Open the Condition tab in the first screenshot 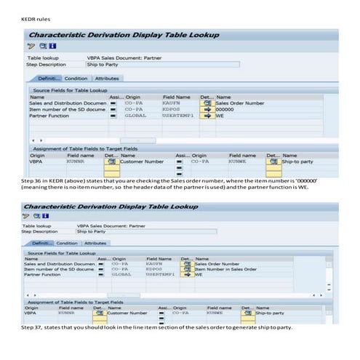click(76, 79)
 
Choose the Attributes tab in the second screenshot click(95, 244)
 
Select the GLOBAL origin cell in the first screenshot click(135, 115)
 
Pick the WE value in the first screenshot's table click(220, 115)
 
